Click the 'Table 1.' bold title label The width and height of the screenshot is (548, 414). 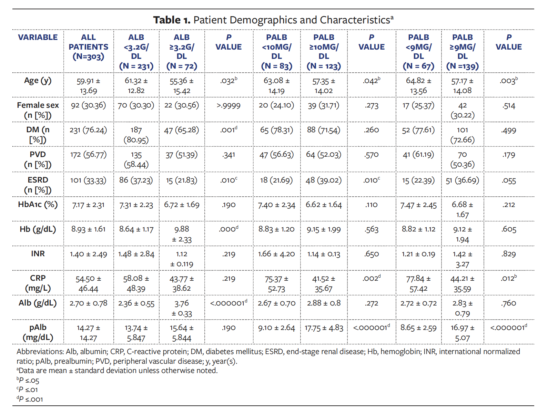[171, 20]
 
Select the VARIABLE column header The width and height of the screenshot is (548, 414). [38, 37]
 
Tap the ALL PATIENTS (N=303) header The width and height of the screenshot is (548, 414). [88, 47]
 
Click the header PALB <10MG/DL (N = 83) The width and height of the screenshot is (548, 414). [276, 52]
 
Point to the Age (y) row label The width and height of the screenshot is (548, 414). [38, 81]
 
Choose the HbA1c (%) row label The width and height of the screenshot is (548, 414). [38, 205]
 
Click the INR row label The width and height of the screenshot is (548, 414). [38, 254]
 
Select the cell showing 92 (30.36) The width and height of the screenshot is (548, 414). [88, 105]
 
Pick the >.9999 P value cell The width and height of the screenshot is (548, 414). [229, 106]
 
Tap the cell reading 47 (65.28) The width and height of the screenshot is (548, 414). [182, 130]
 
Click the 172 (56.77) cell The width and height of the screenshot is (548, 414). [88, 155]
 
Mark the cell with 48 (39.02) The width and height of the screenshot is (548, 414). [324, 180]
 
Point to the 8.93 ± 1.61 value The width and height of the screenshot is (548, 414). [88, 229]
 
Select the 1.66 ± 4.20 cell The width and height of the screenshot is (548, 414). [276, 254]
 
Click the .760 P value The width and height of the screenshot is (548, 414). [509, 303]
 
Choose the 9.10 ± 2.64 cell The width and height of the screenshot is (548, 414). [276, 328]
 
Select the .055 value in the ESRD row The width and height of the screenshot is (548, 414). [509, 180]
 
